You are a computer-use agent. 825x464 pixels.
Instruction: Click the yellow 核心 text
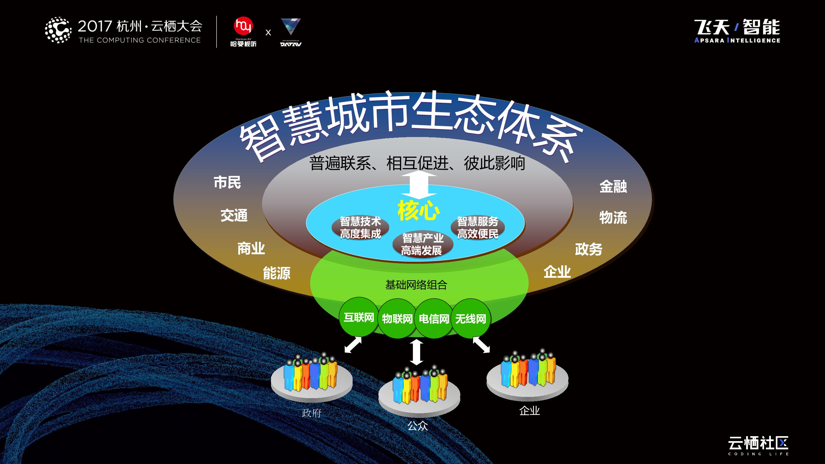(419, 210)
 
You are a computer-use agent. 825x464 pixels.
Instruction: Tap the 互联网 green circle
(359, 317)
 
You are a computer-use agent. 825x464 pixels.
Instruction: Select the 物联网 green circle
(397, 319)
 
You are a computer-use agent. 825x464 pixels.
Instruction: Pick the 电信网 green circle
(434, 319)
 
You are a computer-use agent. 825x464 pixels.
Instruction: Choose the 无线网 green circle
(471, 319)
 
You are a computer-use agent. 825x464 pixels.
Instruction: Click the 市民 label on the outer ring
(227, 182)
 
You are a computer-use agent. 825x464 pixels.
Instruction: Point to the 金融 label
(613, 186)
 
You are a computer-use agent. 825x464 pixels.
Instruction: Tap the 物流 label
(613, 218)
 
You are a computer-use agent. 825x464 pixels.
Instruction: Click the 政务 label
(589, 249)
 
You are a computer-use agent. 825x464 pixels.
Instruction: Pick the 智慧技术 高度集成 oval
(360, 227)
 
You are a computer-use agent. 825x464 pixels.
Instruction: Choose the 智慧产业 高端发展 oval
(423, 244)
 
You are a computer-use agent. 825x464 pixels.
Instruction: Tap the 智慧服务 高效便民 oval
(478, 227)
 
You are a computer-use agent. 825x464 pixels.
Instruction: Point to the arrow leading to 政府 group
(353, 345)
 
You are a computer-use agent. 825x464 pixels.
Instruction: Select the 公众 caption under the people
(417, 426)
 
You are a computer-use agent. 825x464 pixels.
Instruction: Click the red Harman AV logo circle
(243, 26)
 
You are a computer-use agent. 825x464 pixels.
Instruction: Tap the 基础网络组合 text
(416, 285)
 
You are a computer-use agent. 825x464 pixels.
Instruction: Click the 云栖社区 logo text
(758, 443)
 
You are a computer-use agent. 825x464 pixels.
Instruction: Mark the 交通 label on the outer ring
(234, 215)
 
